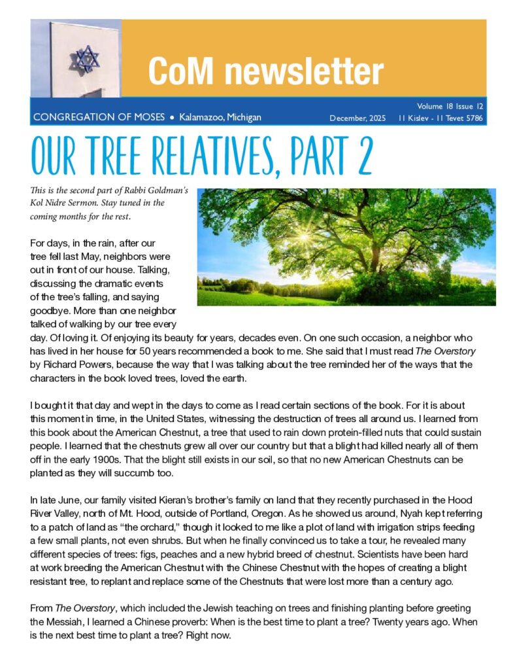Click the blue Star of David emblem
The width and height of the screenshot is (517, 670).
(83, 58)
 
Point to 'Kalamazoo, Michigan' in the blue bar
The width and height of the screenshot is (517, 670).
(220, 118)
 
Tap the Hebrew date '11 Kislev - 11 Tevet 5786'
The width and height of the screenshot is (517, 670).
(441, 118)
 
